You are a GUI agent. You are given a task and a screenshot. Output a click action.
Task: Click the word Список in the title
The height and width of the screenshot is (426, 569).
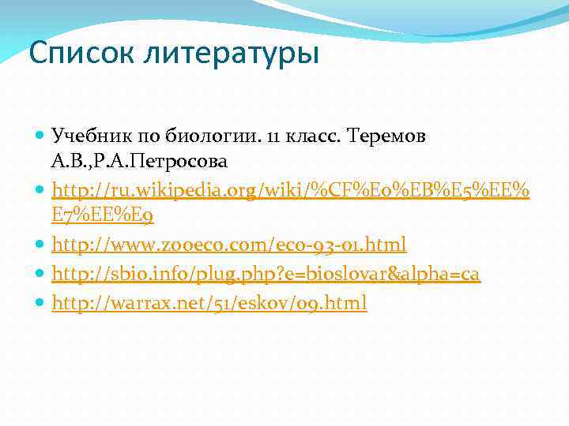72,54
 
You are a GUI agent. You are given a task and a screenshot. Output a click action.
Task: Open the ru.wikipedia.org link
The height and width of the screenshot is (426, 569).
290,190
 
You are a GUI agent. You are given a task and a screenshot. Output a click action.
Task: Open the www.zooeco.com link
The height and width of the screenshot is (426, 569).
228,245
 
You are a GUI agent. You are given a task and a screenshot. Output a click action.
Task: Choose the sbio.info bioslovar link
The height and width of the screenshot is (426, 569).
266,274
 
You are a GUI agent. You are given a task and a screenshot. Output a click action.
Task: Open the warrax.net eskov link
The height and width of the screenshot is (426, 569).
209,303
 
